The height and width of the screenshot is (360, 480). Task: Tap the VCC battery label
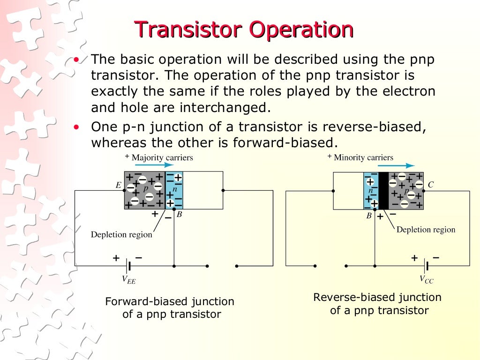427,280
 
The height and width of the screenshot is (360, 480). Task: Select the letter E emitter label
119,185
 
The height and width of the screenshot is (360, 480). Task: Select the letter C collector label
431,185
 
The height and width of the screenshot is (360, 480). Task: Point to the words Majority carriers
162,157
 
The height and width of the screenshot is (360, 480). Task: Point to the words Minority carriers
363,157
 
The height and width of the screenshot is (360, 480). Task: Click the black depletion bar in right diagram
383,190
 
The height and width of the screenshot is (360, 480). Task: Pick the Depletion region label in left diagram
121,234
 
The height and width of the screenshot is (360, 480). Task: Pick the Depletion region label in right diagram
426,230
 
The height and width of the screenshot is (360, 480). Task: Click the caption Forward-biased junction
170,301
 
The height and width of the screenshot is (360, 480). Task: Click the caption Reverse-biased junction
377,297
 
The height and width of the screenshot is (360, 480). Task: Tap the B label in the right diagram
369,216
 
